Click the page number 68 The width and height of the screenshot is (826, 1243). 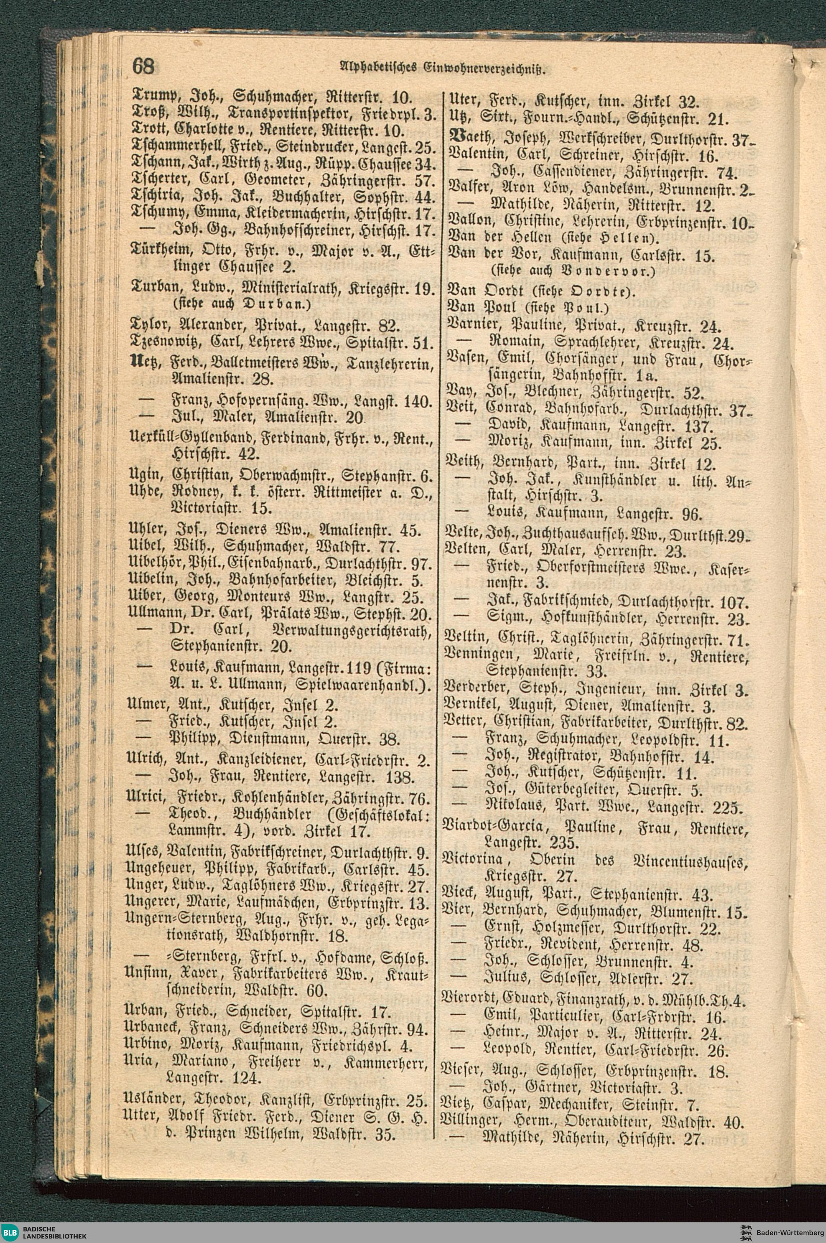pos(143,67)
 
